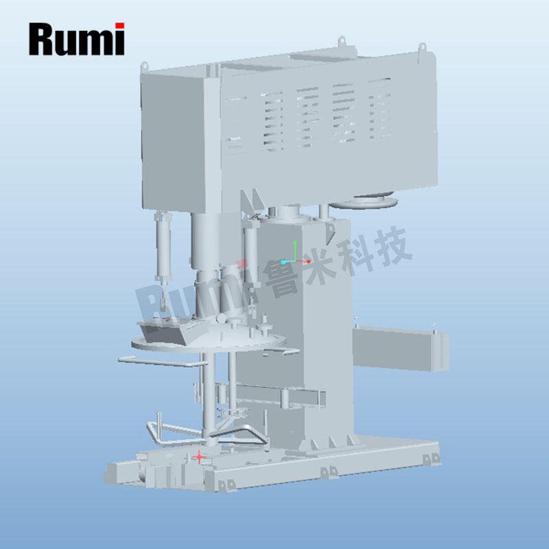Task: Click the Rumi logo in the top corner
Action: point(76,38)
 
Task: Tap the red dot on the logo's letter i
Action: point(119,26)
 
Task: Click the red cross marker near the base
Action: point(200,456)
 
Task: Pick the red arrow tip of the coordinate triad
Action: point(309,261)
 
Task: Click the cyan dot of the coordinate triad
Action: point(283,262)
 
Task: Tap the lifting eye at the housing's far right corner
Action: point(421,48)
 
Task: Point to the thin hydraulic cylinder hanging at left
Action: point(163,247)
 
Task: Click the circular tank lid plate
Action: point(206,343)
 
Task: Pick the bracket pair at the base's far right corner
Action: point(430,458)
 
